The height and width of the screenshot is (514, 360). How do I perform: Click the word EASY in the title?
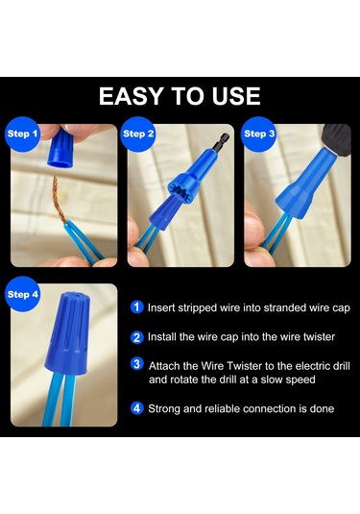132,96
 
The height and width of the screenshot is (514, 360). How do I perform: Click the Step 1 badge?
22,134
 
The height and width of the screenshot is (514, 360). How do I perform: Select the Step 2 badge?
138,134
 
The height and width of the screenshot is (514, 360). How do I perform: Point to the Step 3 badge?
259,134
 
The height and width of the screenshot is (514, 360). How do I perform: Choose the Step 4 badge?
23,294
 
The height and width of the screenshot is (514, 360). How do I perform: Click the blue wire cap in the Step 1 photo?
60,148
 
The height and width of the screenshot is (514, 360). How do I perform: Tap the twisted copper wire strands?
59,201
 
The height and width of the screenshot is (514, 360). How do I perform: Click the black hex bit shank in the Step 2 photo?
221,140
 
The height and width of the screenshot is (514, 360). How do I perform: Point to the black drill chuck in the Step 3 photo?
336,137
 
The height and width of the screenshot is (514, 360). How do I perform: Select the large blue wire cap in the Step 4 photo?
67,333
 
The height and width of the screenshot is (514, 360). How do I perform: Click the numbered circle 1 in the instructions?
136,307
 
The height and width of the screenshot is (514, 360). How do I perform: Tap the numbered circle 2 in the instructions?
136,337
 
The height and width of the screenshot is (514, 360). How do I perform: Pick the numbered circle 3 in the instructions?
136,364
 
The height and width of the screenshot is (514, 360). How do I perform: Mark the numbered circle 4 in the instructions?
136,408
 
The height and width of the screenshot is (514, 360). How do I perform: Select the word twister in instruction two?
319,337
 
